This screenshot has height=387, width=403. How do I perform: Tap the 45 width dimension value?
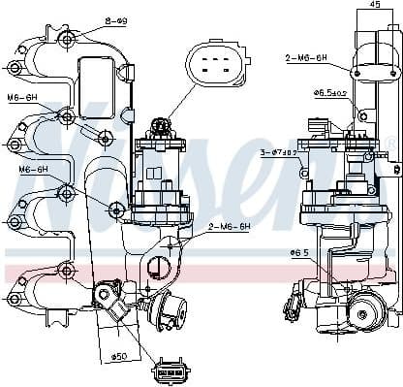click(374, 4)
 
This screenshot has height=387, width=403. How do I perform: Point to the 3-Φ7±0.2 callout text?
click(279, 152)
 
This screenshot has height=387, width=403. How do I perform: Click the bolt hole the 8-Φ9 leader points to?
click(67, 40)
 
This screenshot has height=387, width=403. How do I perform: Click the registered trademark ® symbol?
click(390, 145)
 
